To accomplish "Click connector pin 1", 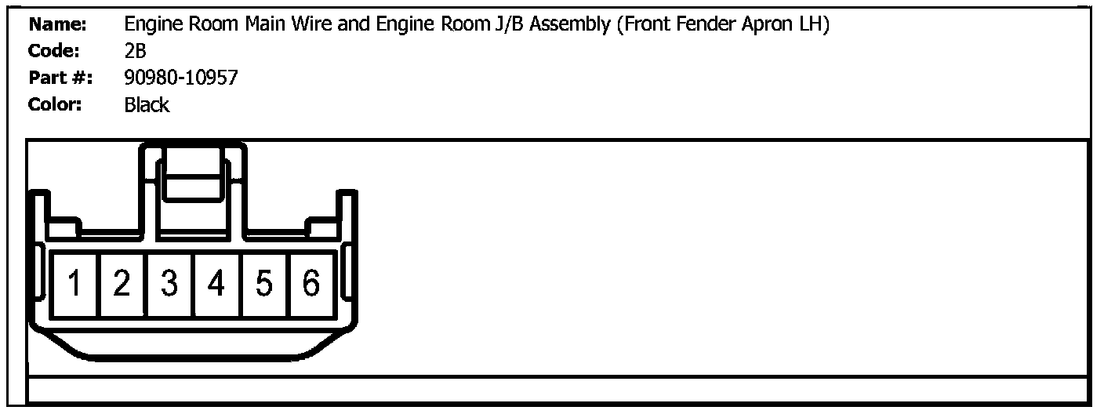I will [x=74, y=284].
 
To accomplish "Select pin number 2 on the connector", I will [x=122, y=284].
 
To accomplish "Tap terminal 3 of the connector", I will [x=169, y=284].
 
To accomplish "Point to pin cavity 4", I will [x=217, y=284].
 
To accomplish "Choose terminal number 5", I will [x=264, y=284].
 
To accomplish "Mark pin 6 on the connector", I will [x=311, y=284].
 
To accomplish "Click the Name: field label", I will [x=57, y=25].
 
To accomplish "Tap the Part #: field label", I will [x=60, y=78].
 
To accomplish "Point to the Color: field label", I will [x=56, y=105].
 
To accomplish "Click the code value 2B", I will [x=136, y=52].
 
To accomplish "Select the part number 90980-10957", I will [x=181, y=78].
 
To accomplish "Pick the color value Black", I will [x=147, y=105].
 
